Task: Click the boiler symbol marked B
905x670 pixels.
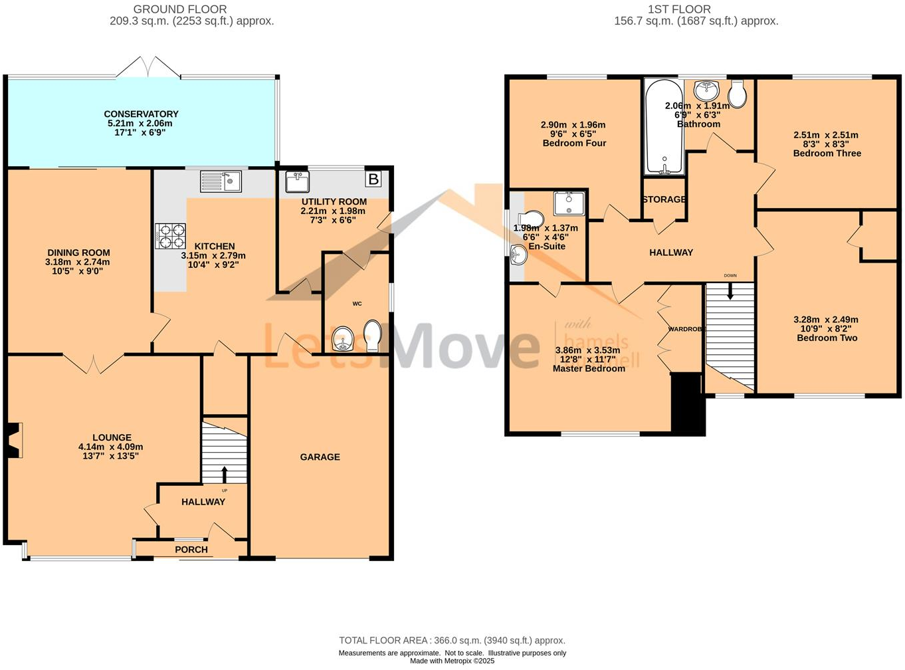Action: tap(373, 179)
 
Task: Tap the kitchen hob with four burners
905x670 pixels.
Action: tap(171, 236)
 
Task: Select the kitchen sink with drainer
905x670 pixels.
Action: tap(221, 181)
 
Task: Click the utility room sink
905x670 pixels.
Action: tap(297, 181)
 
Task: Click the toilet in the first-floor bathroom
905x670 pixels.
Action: tap(738, 94)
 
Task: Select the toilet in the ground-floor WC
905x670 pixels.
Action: tap(373, 336)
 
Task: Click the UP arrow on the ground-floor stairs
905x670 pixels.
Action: tap(224, 474)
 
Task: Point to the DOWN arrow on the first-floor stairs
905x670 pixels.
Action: tap(730, 290)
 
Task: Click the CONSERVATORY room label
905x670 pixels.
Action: tap(141, 114)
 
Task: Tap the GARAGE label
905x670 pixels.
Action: tap(320, 457)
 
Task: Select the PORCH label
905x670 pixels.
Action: tap(191, 550)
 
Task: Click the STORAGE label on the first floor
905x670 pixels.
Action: tap(664, 199)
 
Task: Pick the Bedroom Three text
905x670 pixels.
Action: tap(827, 154)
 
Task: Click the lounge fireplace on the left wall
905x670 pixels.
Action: tap(13, 440)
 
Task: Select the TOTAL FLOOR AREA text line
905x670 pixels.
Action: tap(452, 641)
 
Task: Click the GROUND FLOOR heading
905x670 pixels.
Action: tap(180, 9)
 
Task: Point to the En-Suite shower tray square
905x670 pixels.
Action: tap(569, 203)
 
